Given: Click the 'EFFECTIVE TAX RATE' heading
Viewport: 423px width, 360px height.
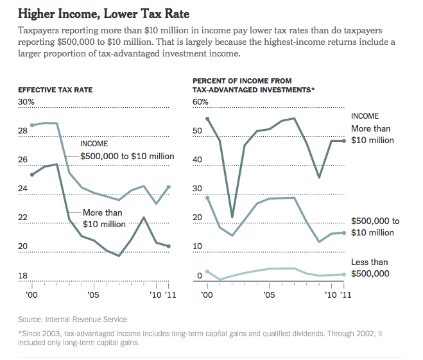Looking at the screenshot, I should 55,90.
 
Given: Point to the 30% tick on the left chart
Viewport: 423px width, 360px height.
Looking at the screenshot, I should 27,102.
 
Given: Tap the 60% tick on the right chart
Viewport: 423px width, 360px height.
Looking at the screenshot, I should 201,102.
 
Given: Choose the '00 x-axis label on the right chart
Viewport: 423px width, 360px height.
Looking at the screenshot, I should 207,294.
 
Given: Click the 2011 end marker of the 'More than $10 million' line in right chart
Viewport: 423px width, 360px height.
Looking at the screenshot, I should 344,141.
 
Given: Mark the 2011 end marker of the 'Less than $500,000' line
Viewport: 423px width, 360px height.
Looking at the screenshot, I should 344,274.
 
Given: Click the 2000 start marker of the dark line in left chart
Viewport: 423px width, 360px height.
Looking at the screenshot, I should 32,175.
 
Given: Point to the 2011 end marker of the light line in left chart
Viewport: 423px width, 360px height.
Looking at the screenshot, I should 169,187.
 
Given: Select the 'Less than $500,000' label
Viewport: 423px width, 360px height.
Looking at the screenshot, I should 370,268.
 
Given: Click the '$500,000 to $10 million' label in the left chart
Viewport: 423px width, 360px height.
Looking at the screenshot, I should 127,155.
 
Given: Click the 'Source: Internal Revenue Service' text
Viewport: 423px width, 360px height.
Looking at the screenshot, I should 73,319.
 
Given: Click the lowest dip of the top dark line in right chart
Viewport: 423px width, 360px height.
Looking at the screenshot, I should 232,218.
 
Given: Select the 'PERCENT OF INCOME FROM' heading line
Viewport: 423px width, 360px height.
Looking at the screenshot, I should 242,81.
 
